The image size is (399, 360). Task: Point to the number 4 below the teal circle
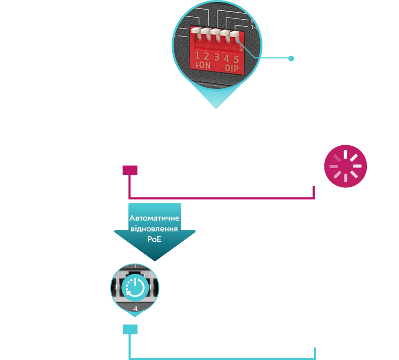tap(135, 308)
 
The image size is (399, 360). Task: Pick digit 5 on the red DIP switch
tap(236, 59)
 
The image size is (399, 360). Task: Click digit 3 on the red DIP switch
tap(216, 57)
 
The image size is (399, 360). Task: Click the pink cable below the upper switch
tap(218, 197)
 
